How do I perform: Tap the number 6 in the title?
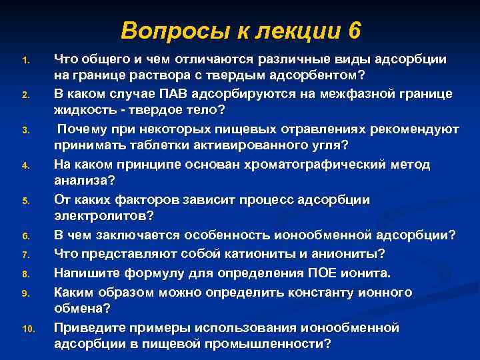(x=353, y=31)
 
